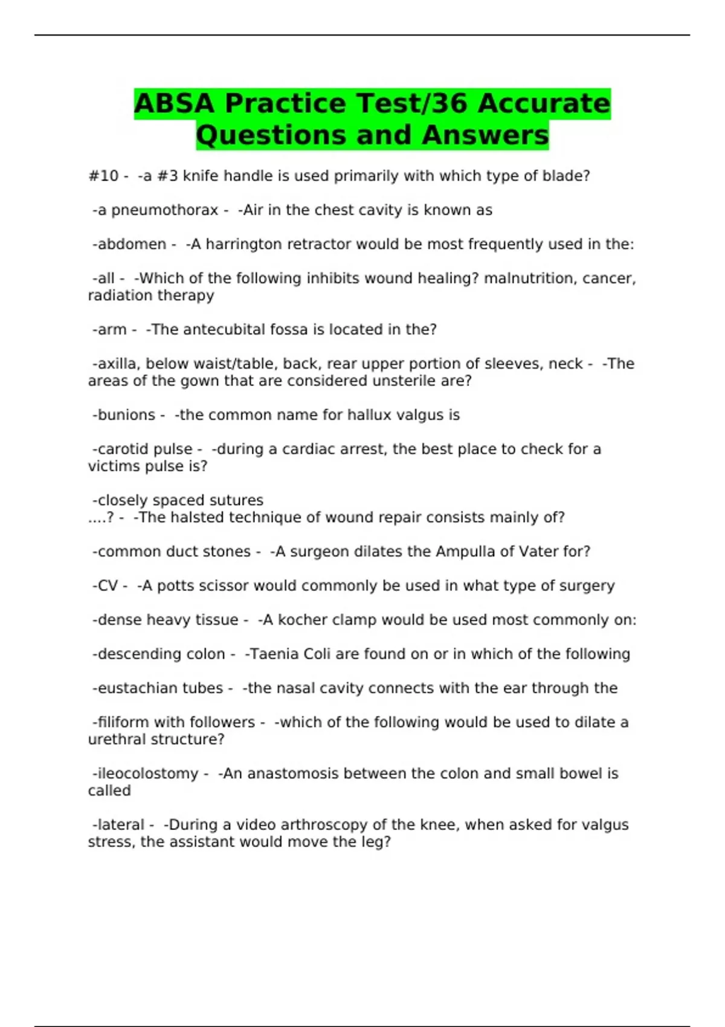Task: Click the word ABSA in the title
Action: click(x=174, y=103)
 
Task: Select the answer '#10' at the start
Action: click(x=103, y=176)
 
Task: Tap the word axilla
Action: click(x=117, y=364)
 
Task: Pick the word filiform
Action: click(x=123, y=723)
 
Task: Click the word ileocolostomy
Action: click(x=147, y=774)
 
